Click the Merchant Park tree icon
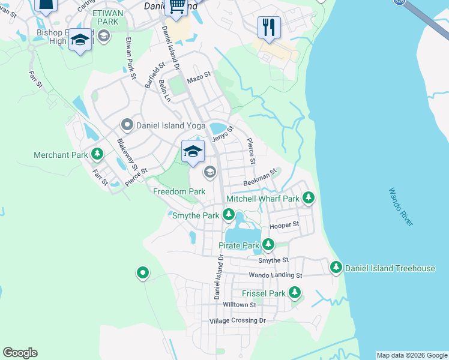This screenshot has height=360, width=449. [x=97, y=155]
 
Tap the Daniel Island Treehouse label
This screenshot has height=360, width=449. [x=390, y=268]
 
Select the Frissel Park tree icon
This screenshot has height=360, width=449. [x=294, y=293]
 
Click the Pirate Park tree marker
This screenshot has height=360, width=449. [x=268, y=245]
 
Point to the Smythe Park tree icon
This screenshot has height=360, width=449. [x=228, y=215]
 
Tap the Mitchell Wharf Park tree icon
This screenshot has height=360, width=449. [x=309, y=197]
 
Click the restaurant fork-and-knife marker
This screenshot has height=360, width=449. [x=268, y=27]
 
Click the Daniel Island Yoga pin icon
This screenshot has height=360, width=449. [x=127, y=125]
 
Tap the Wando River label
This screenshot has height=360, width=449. [x=400, y=207]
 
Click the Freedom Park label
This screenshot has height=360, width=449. [x=179, y=191]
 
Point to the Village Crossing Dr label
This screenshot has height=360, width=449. [x=237, y=321]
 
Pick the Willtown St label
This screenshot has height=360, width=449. [x=240, y=305]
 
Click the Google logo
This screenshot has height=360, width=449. [x=20, y=353]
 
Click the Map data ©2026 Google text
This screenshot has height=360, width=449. [x=412, y=355]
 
